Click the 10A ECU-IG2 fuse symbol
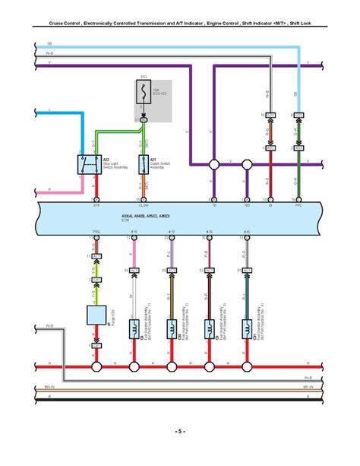144,94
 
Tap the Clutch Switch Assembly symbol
141,163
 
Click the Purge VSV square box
96,315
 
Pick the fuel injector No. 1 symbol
134,328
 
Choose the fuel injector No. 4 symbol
245,328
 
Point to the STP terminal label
96,205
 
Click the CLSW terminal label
143,205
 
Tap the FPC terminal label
299,205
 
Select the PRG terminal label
96,231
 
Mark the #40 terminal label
245,231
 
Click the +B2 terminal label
245,205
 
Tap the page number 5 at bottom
179,432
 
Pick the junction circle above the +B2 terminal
245,163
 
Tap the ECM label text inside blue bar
125,221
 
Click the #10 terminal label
134,231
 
